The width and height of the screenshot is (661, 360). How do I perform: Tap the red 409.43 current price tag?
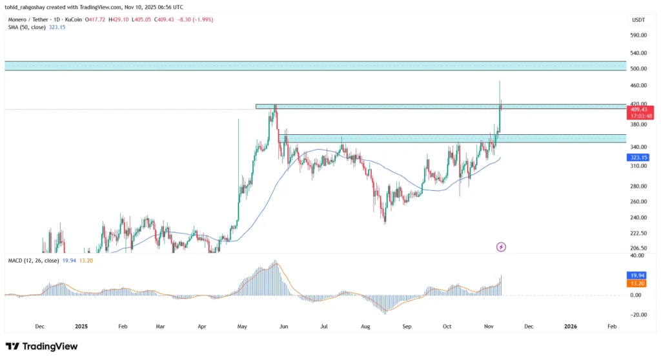pos(640,109)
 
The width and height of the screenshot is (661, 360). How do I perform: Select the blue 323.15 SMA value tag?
pos(640,157)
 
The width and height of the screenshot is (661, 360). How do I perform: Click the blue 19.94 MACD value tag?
pos(637,275)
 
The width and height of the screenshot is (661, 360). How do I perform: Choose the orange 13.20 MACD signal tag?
pos(637,283)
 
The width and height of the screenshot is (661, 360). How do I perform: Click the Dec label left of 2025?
pos(39,326)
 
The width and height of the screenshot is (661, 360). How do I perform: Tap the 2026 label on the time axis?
pos(570,326)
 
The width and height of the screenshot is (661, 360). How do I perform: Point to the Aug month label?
pos(365,326)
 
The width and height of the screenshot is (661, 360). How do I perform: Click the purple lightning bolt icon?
pos(501,247)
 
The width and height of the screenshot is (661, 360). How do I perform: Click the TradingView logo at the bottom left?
pos(41,346)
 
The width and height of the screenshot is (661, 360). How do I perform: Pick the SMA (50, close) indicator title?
pos(27,27)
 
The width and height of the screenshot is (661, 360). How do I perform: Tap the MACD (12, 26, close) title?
pos(34,261)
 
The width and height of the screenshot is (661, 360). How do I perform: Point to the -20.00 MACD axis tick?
pos(637,315)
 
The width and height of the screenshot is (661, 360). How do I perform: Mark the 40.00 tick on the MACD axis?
pos(637,255)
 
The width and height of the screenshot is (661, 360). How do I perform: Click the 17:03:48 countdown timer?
pos(640,116)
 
